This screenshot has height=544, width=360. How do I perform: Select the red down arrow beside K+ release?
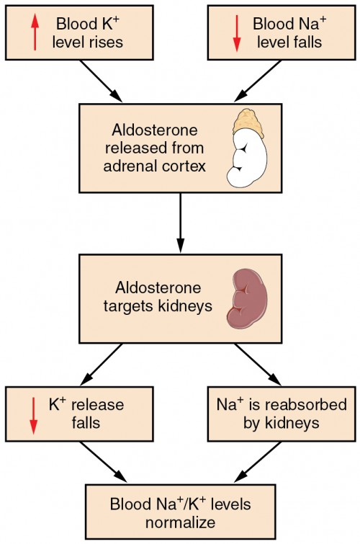point(33,414)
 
